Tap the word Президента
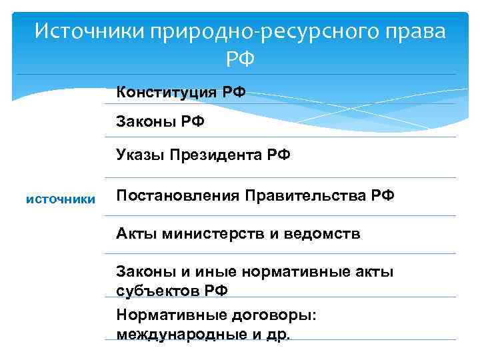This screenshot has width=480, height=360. coord(216,156)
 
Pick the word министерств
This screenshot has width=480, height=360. coord(201,233)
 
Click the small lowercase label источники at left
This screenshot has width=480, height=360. coord(61,198)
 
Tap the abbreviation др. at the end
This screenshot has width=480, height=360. coord(278,334)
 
